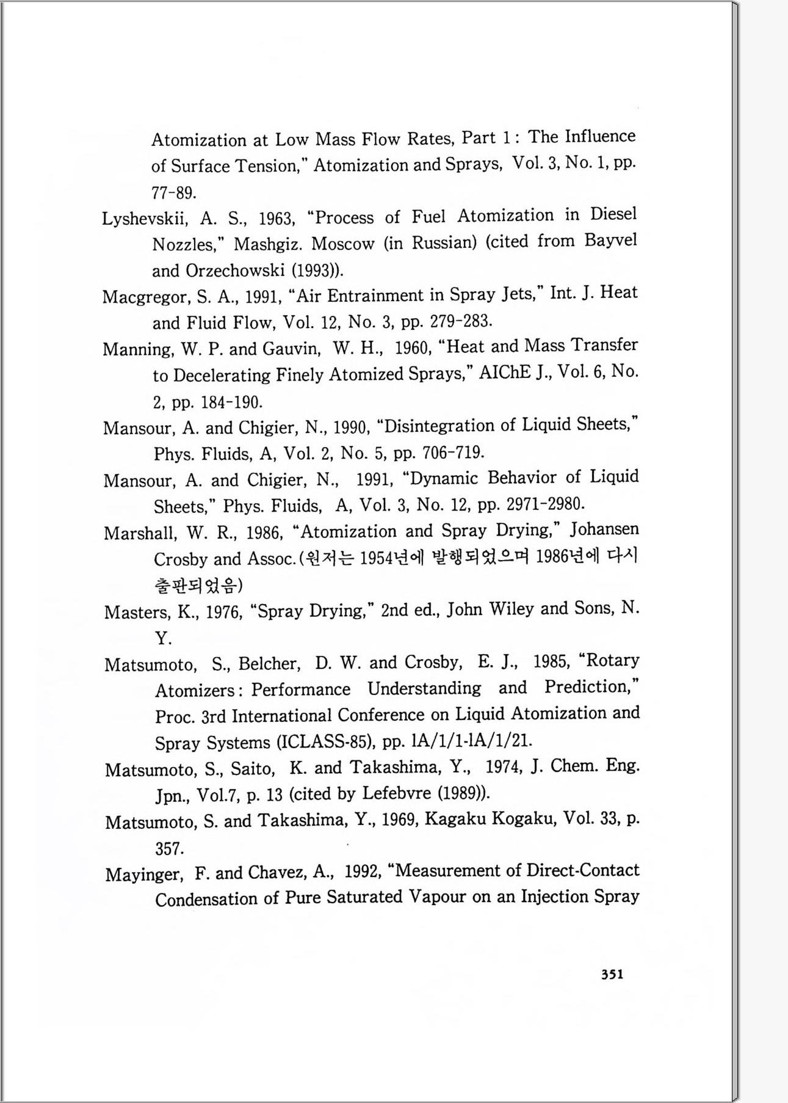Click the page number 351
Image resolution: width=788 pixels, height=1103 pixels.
pos(612,974)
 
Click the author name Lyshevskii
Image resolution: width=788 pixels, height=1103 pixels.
pos(145,219)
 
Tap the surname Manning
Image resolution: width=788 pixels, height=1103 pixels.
pos(138,349)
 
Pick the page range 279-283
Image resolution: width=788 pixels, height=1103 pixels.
pos(461,321)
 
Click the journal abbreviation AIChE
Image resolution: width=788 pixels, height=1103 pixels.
pos(505,373)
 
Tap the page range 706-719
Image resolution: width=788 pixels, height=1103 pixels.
pos(453,453)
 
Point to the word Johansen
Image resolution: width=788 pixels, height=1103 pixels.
pos(605,530)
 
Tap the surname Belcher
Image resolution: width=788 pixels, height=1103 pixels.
pos(268,664)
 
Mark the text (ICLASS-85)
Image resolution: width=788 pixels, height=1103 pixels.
pos(325,742)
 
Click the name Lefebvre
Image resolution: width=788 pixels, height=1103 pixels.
pos(398,793)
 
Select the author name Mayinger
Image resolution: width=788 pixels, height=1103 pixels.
pos(143,875)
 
